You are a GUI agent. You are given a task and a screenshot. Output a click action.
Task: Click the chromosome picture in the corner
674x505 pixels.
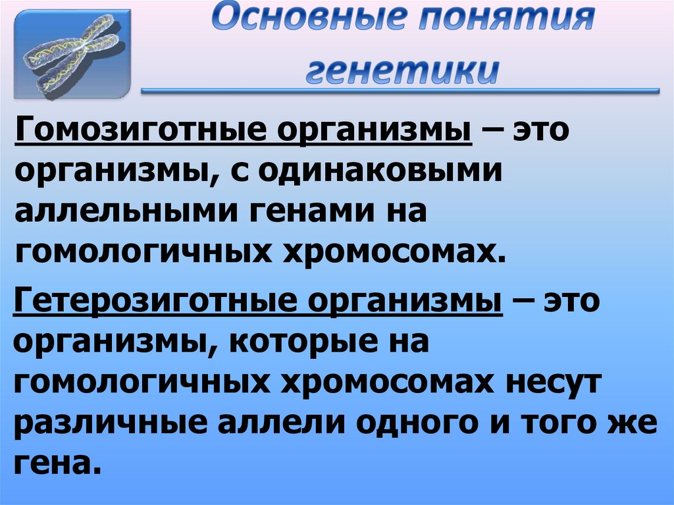point(73,54)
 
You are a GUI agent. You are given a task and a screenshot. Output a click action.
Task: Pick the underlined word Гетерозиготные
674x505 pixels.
point(141,303)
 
